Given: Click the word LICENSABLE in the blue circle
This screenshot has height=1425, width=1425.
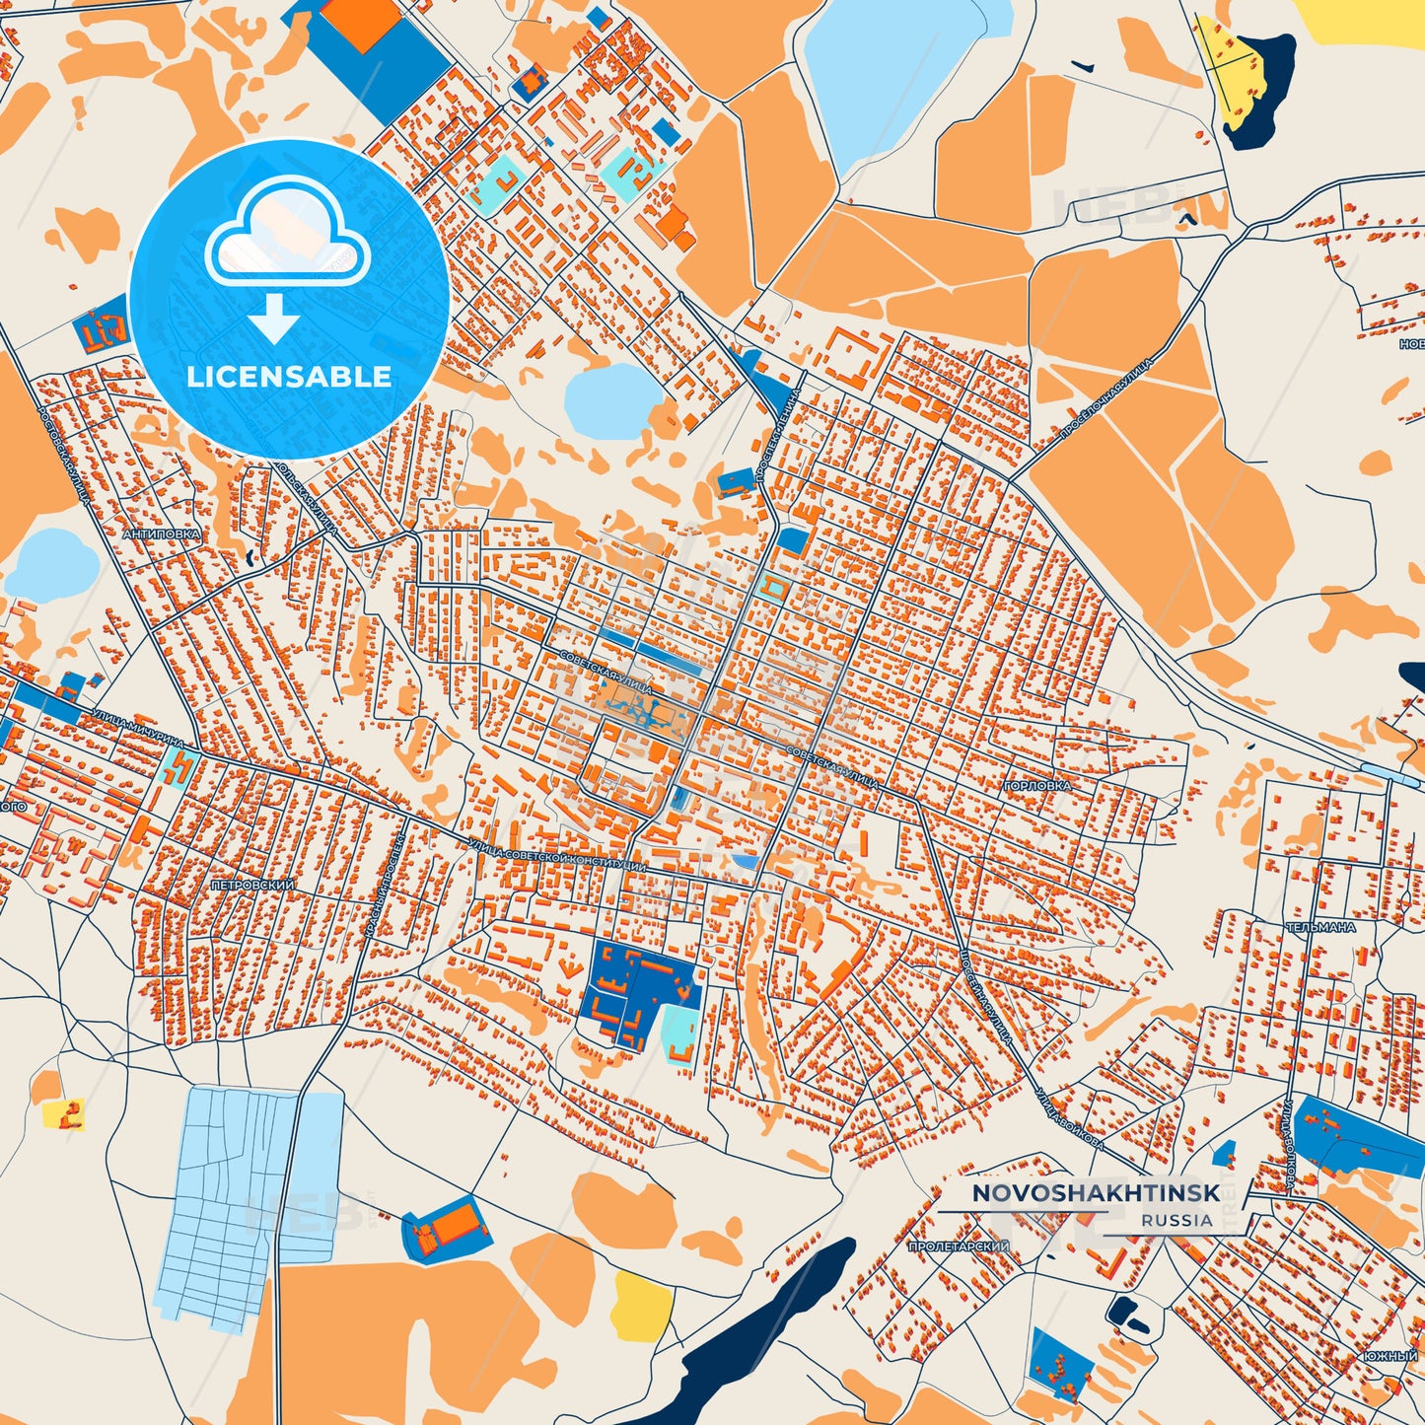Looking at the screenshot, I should coord(288,377).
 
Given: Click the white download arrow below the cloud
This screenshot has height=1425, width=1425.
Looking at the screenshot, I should coord(275,318).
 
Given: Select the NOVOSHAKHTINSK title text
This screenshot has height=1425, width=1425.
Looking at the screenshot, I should coord(1096,1193).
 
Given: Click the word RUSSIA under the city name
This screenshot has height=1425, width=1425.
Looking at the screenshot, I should coord(1177,1220).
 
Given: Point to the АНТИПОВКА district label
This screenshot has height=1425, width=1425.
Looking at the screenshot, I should coord(162,534).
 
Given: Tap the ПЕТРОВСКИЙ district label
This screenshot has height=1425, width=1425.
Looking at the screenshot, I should coord(252,886).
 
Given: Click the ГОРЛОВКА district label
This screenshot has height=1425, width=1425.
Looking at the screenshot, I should coord(1036,786).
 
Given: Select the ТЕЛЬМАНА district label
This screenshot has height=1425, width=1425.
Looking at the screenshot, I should coord(1319,927).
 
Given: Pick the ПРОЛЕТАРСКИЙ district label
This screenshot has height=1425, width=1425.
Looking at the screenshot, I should coord(959,1247).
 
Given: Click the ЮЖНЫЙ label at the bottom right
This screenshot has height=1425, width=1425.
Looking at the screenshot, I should coord(1390,1357).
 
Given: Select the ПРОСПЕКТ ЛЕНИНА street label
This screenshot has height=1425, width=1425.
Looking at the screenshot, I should coord(777,434).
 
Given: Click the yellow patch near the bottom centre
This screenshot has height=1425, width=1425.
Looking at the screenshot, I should coord(644,1304).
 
